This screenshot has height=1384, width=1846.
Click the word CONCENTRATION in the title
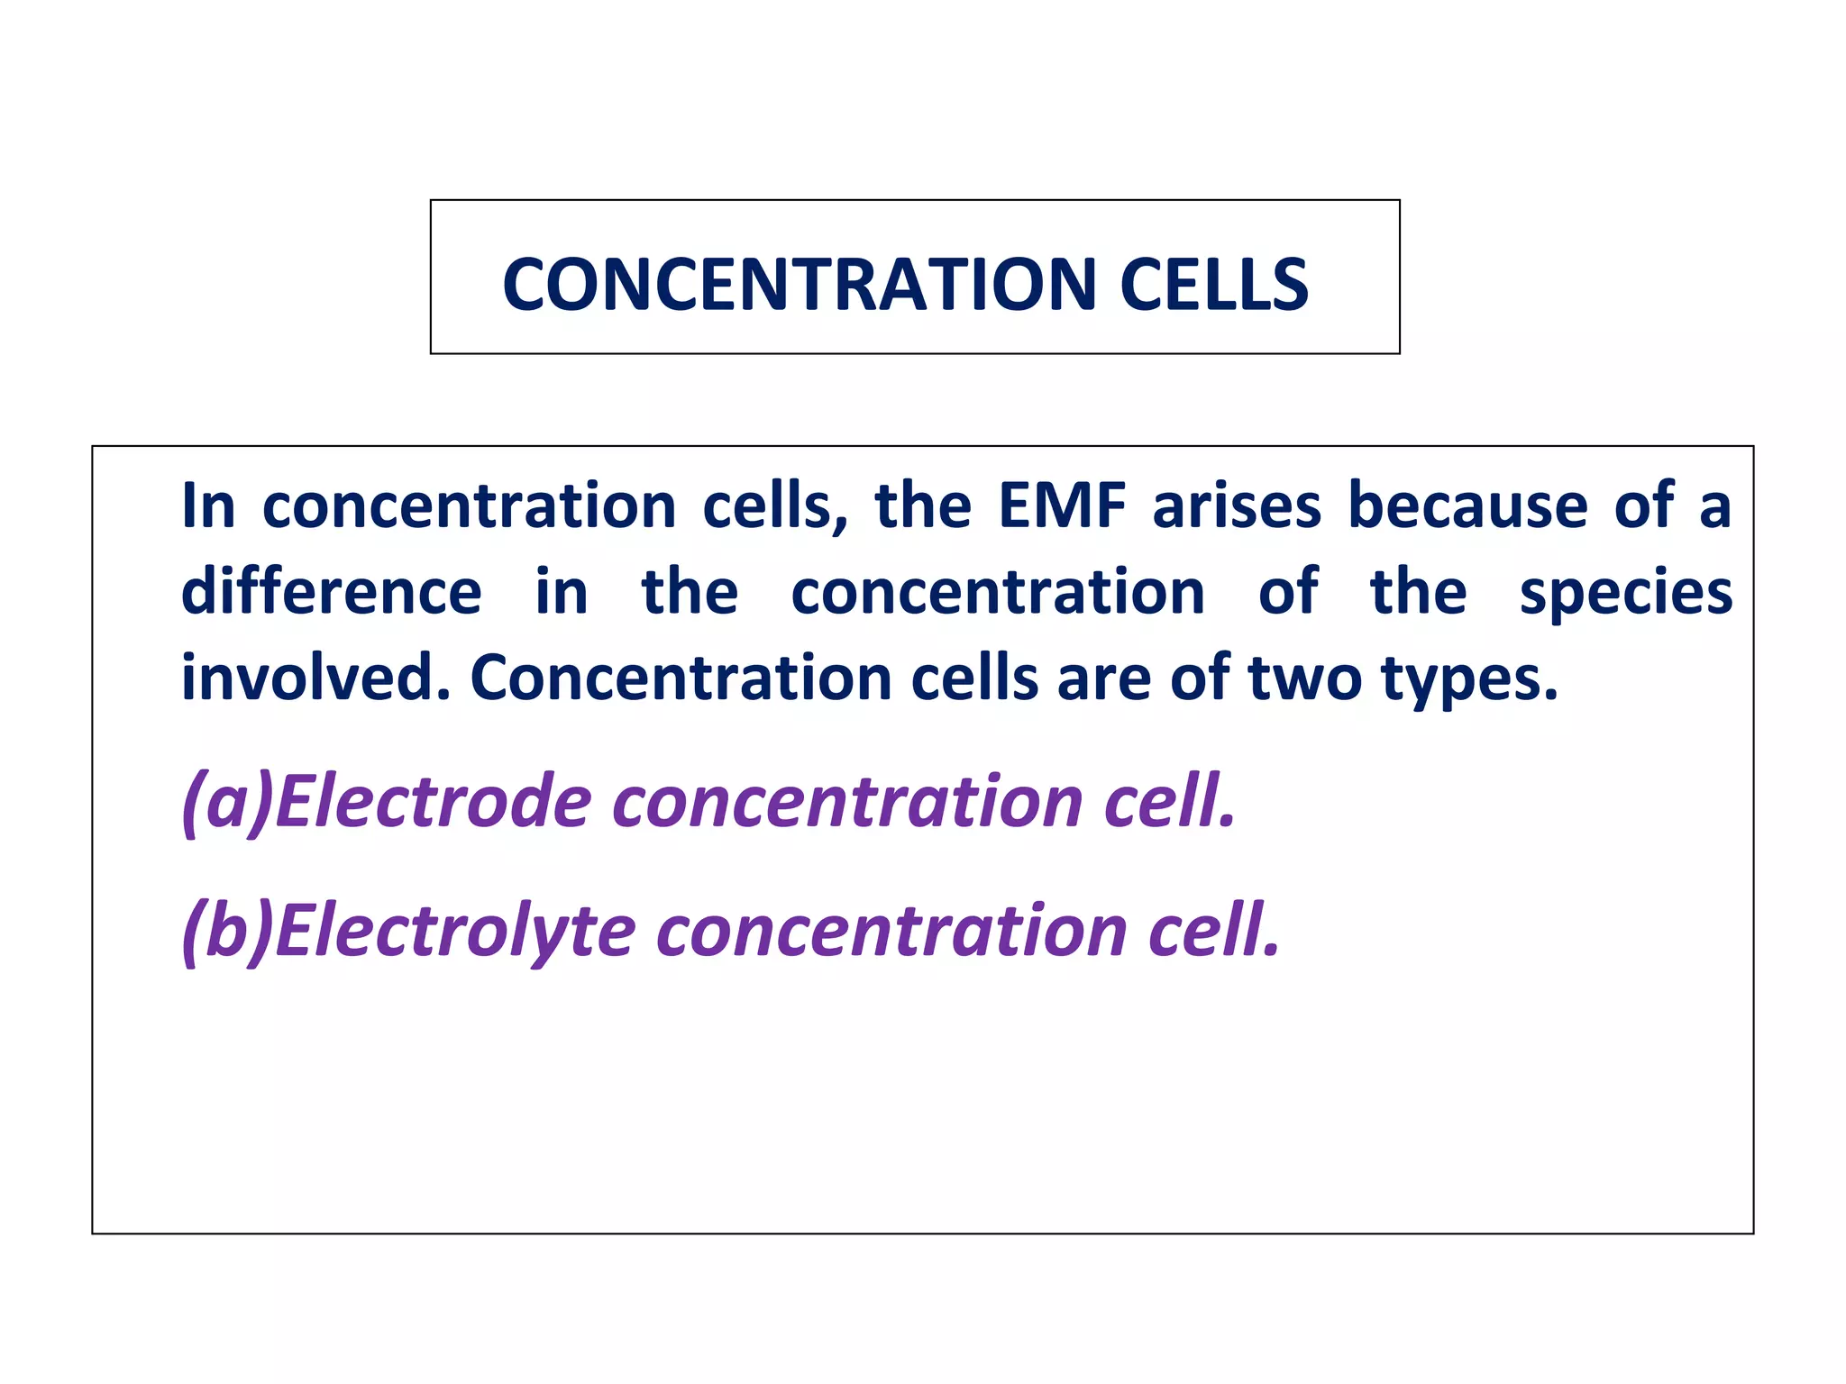click(798, 285)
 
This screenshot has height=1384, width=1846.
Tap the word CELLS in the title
click(1213, 285)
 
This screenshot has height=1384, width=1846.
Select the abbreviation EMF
click(1063, 506)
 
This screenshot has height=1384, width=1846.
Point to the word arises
click(1237, 506)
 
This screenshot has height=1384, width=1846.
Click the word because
click(1467, 506)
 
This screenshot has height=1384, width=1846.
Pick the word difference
click(332, 593)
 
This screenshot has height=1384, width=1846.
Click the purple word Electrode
click(433, 802)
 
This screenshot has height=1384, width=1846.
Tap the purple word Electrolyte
click(455, 931)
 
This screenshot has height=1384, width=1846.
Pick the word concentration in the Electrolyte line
click(893, 931)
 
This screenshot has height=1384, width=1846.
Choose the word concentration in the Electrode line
click(848, 802)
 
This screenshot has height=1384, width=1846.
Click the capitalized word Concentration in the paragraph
click(681, 678)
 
